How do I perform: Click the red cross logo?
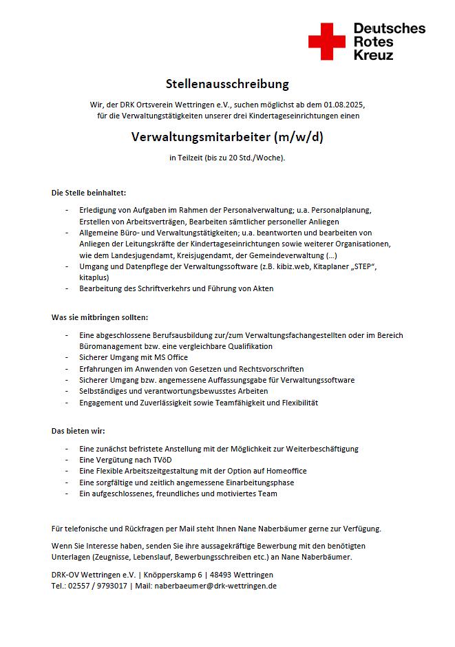click(326, 41)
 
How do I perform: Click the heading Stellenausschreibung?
click(227, 84)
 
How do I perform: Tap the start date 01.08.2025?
click(343, 105)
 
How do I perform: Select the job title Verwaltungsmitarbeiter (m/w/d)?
click(227, 136)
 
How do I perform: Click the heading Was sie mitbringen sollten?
click(100, 317)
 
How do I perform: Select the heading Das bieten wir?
click(78, 431)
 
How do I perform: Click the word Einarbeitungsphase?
click(255, 482)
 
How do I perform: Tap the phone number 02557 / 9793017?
click(96, 586)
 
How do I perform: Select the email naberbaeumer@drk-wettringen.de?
click(216, 586)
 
